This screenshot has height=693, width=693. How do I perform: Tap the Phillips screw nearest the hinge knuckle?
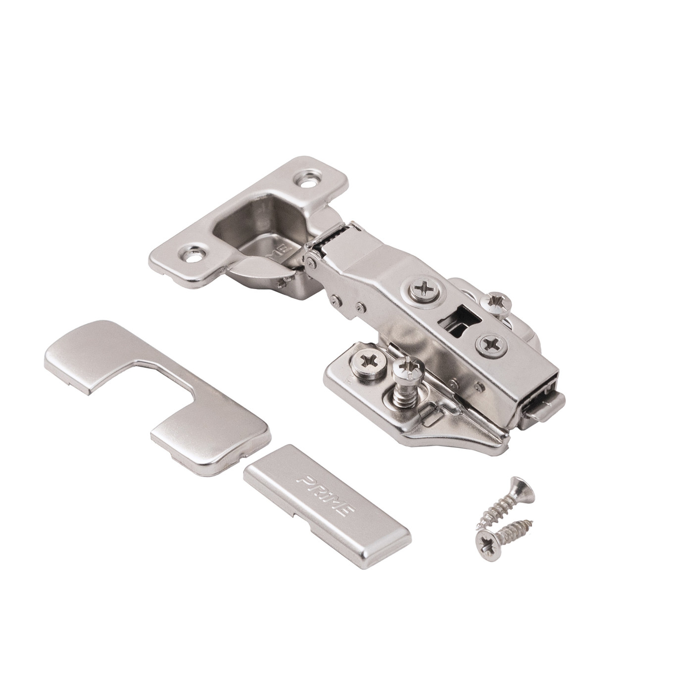422,291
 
